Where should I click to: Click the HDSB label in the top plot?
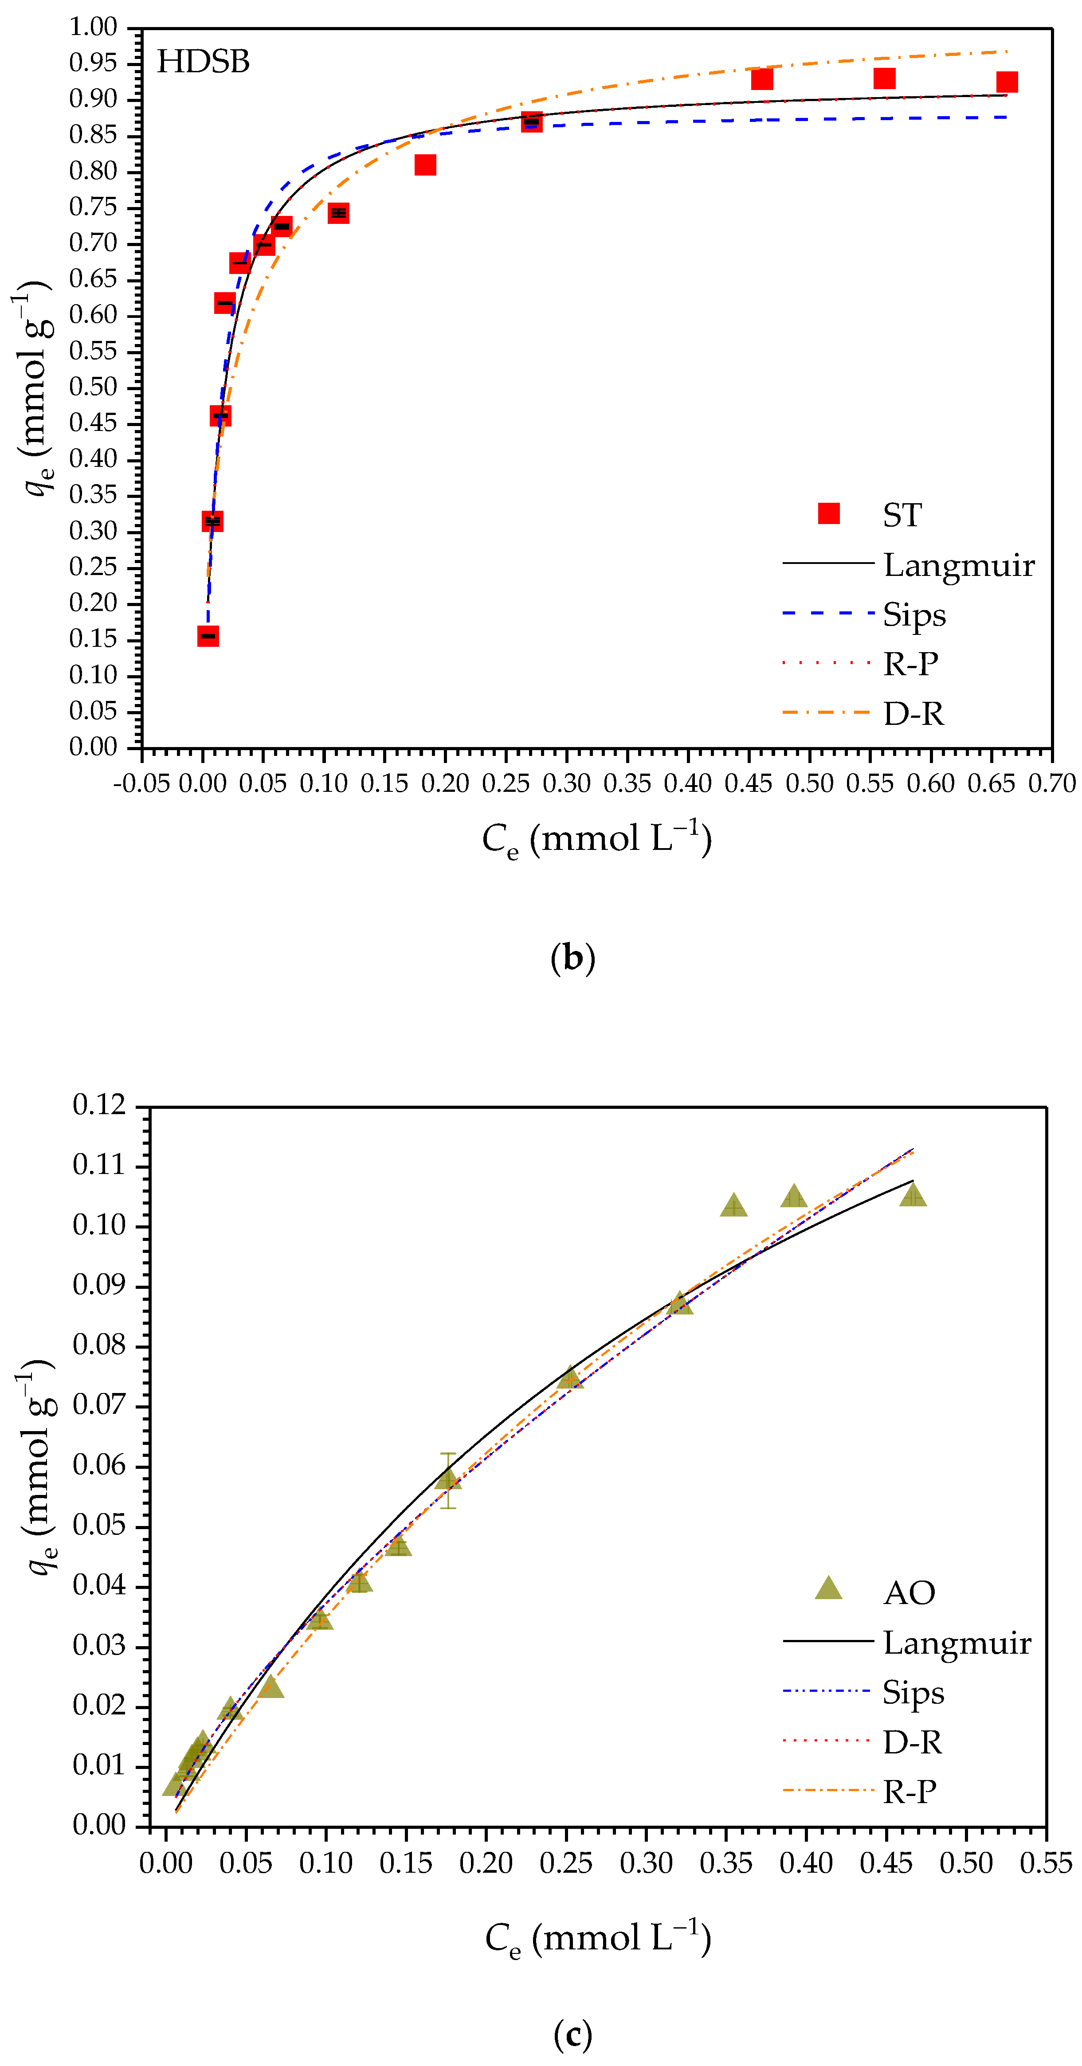tap(203, 62)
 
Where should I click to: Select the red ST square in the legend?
tap(828, 513)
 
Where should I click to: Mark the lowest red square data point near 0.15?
tap(208, 636)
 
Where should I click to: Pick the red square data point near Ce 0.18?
tap(425, 165)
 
